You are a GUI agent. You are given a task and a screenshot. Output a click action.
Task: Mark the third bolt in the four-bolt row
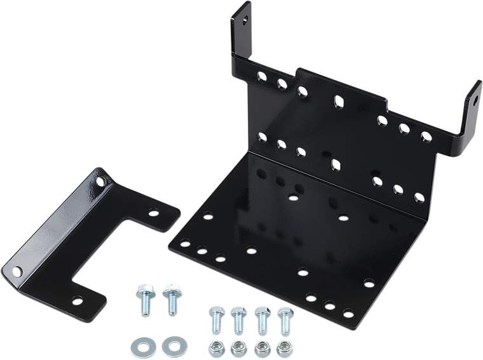(x=260, y=318)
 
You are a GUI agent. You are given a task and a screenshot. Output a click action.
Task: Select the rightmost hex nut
(x=283, y=348)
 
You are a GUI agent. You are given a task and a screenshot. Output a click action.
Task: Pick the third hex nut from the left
(x=261, y=348)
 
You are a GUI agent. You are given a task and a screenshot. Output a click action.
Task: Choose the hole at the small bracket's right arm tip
(x=151, y=215)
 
